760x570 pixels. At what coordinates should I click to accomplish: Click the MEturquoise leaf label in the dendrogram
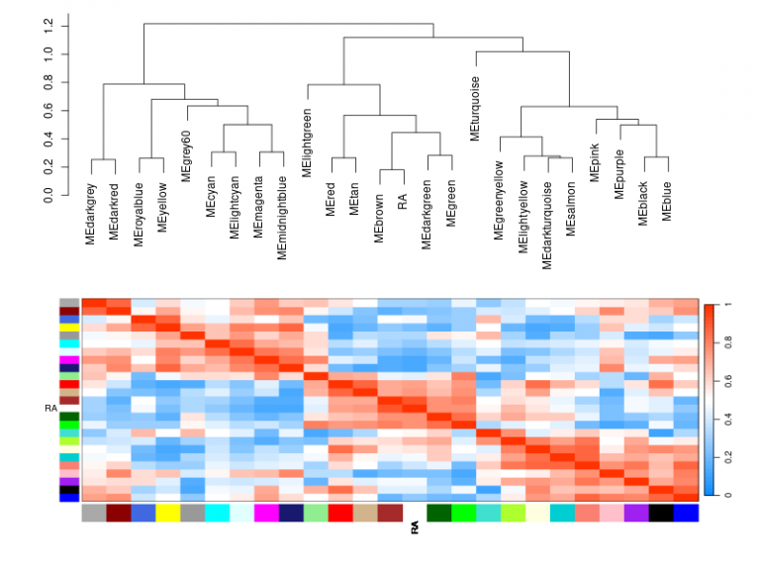pos(476,108)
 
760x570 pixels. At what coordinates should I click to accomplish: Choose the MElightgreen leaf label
pos(307,143)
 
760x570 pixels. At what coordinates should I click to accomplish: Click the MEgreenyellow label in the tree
pos(499,199)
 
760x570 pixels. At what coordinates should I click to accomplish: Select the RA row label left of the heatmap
pos(50,407)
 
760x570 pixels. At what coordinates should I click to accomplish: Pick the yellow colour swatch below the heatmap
pos(167,513)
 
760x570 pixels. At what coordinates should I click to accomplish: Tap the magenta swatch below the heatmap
pos(266,513)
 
